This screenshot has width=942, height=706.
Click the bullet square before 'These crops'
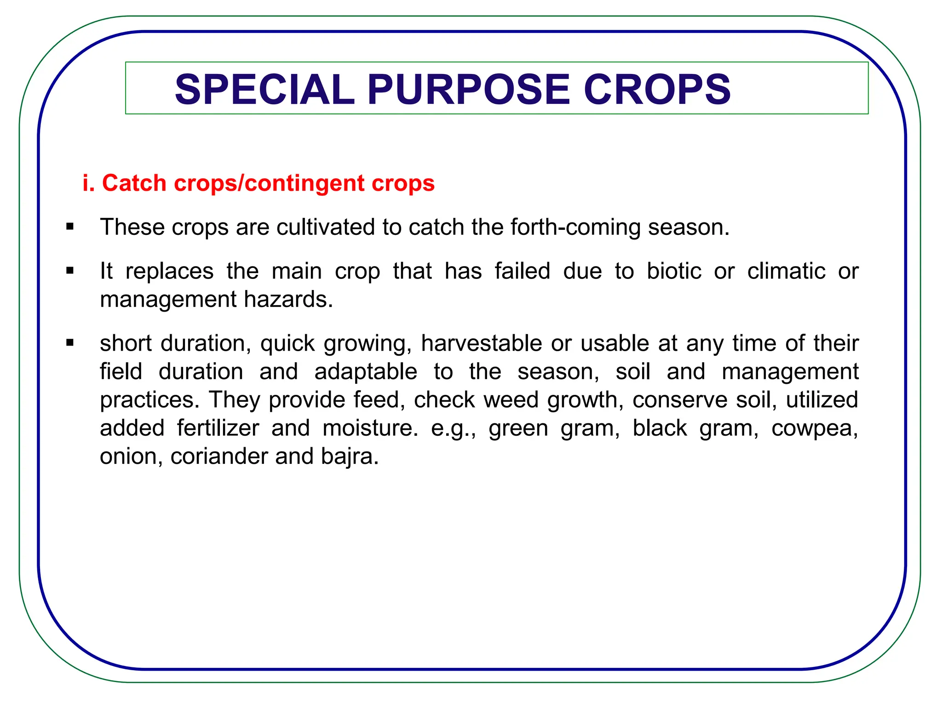tap(70, 226)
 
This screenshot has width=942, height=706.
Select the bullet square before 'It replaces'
tap(70, 270)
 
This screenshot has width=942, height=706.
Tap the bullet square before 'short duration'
tap(70, 342)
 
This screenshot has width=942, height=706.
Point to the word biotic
tap(674, 271)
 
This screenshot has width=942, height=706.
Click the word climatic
tap(786, 271)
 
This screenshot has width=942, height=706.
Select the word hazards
tap(288, 300)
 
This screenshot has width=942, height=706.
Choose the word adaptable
tap(366, 372)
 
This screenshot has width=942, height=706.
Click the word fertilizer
tap(218, 428)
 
